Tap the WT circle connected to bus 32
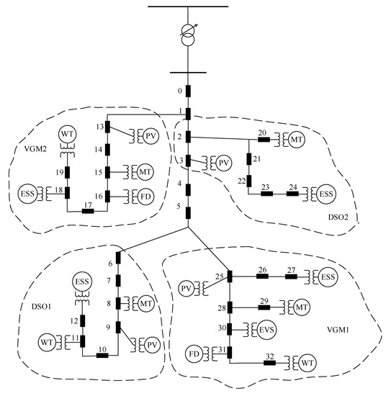(x=308, y=361)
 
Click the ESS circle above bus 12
(x=84, y=284)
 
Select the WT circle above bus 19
(x=68, y=135)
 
